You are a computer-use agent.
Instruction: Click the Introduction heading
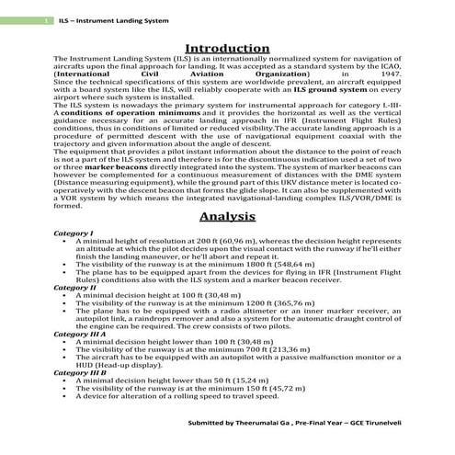[x=227, y=48]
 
